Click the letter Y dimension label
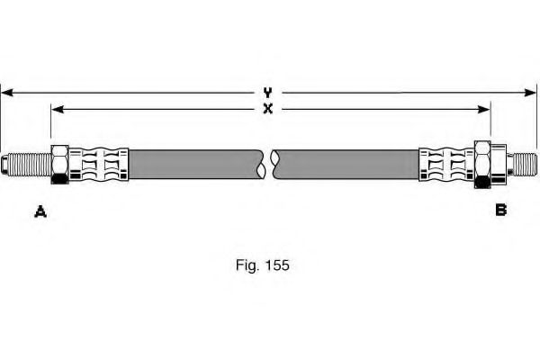(x=267, y=93)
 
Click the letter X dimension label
(x=267, y=109)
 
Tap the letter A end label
(x=40, y=211)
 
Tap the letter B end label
(x=500, y=210)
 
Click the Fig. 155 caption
(x=263, y=265)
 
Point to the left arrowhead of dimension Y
(x=7, y=93)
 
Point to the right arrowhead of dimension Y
(x=530, y=93)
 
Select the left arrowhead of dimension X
(x=58, y=110)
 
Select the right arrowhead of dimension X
(x=484, y=110)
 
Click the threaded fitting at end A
(x=26, y=165)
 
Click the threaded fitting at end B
(x=522, y=165)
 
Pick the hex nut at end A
(x=60, y=165)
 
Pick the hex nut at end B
(x=482, y=165)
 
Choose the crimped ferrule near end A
(x=99, y=165)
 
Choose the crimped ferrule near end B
(x=446, y=165)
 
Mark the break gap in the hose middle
(x=268, y=165)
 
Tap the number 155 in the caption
(x=277, y=265)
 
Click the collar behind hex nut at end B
(x=499, y=165)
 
